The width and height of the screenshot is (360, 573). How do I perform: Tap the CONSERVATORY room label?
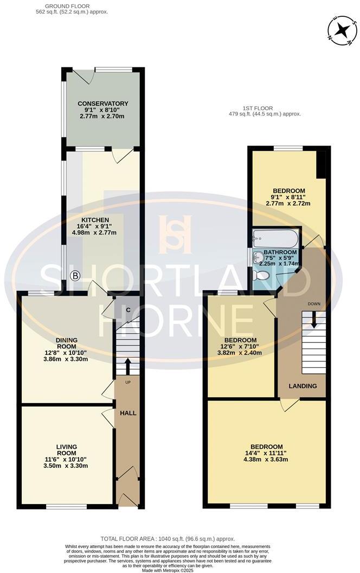pos(102,103)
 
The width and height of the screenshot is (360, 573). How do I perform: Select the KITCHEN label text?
pos(94,220)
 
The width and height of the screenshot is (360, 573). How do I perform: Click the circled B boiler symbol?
pos(75,276)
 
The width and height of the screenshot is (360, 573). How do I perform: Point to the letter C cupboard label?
pos(128,310)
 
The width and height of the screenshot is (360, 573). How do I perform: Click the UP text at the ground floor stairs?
pos(128,383)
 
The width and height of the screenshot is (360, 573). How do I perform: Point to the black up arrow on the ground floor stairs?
pos(128,366)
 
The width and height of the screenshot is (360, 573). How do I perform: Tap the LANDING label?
pos(304,386)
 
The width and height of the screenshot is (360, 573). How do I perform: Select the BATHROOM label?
pos(280,252)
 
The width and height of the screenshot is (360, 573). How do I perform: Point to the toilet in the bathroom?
pos(261,275)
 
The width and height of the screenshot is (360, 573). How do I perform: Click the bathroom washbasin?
pos(258,256)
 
